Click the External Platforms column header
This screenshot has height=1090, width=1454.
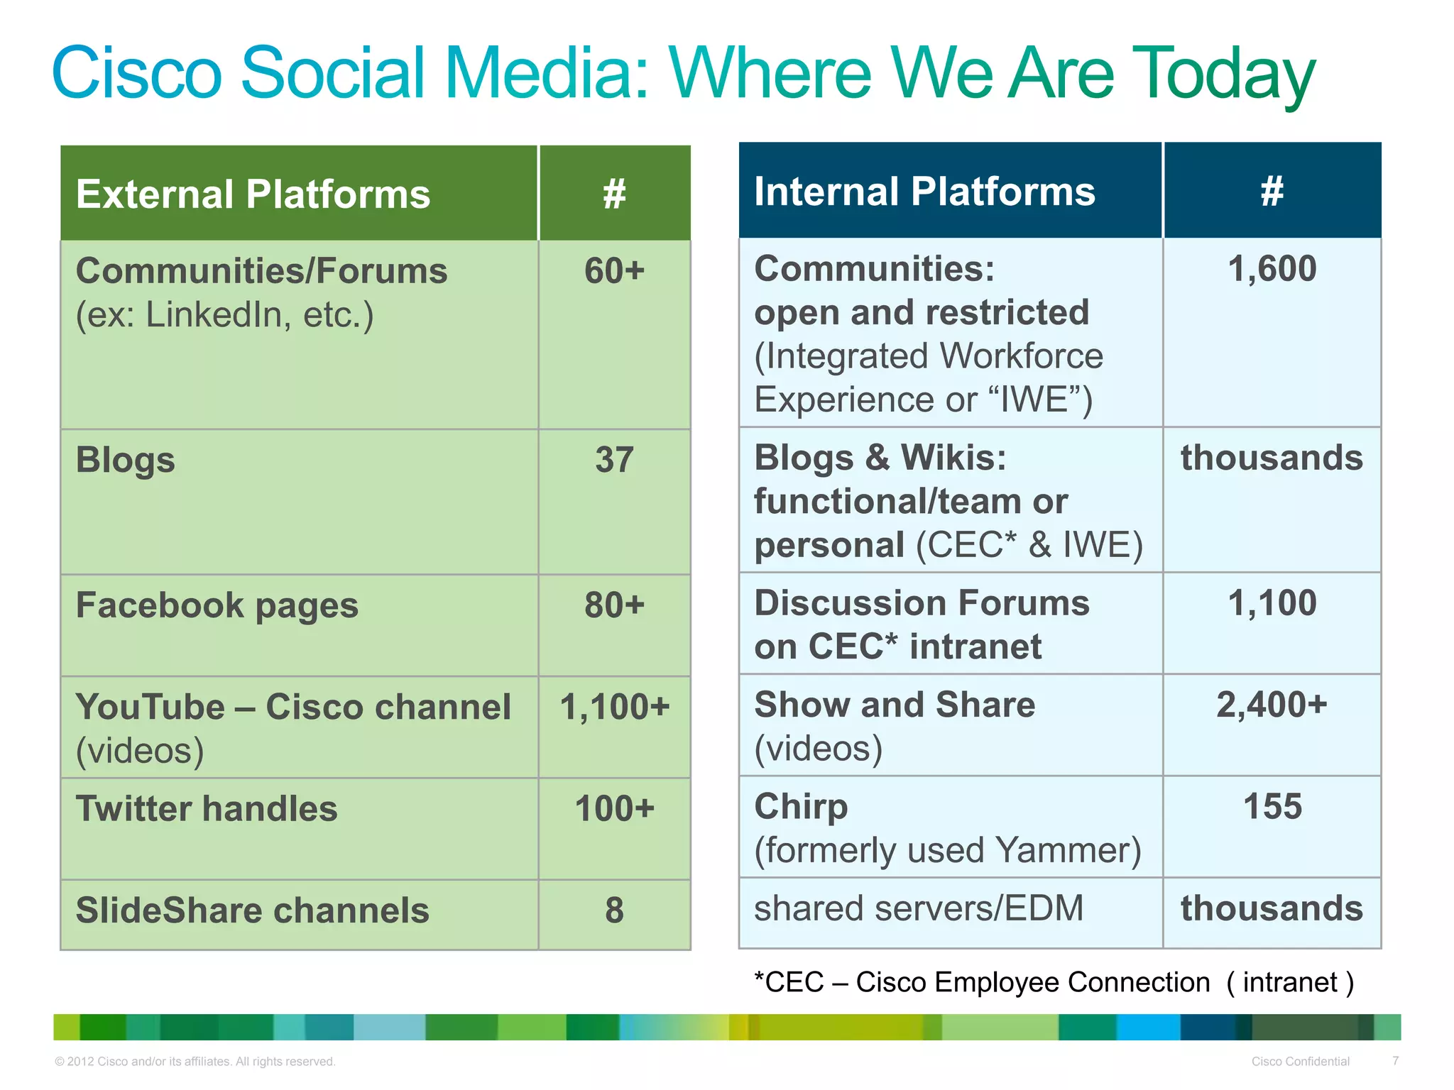(x=253, y=194)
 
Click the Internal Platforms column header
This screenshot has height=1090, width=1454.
(x=924, y=191)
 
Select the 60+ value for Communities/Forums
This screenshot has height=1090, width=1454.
(x=614, y=271)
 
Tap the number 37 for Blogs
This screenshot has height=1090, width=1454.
(x=614, y=460)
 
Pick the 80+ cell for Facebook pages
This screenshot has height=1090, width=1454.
(x=614, y=605)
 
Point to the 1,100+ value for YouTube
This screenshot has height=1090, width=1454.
(x=614, y=707)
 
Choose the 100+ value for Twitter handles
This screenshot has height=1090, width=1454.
(x=614, y=809)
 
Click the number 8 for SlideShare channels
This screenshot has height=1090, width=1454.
(x=614, y=910)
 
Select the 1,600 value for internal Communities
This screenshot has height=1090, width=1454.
(x=1272, y=269)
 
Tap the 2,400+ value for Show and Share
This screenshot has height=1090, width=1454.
(x=1272, y=705)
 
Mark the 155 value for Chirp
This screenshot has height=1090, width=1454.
(x=1272, y=807)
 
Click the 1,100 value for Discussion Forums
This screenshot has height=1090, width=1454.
(x=1272, y=603)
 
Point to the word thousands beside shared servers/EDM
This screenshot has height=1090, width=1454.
(x=1272, y=908)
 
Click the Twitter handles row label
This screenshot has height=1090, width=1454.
(x=207, y=809)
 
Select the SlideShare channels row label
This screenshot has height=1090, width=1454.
(x=252, y=910)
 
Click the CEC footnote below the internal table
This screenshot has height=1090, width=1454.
(x=1054, y=982)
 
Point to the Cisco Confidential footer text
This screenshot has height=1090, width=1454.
(x=1300, y=1061)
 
